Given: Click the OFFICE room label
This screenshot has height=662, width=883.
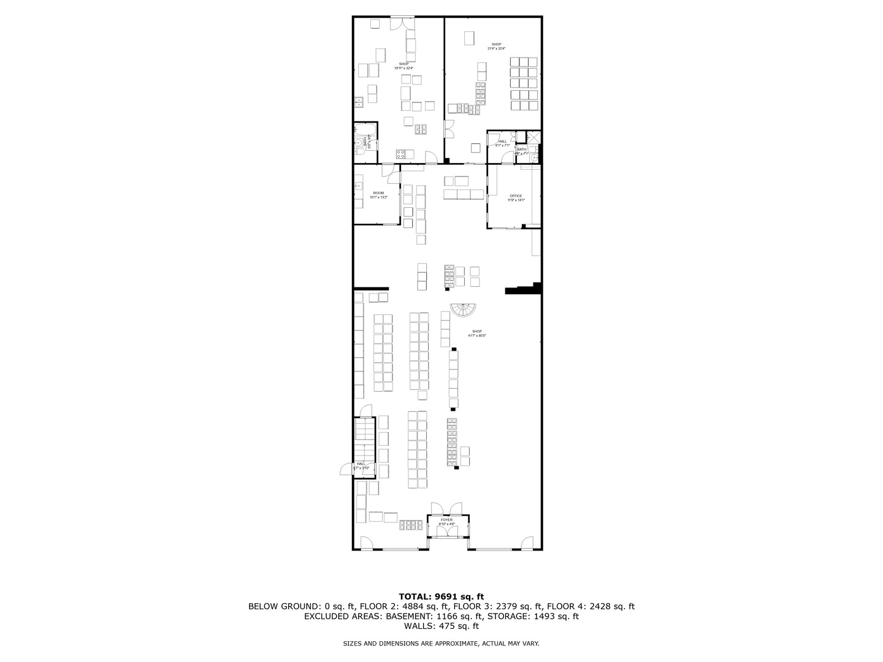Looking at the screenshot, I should pos(516,196).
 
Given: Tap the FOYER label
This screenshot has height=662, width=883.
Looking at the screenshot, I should pos(446,520).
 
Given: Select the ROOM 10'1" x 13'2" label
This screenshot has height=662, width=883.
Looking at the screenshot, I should pos(378,193).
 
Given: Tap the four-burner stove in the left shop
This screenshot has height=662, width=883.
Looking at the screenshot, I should pos(421,129).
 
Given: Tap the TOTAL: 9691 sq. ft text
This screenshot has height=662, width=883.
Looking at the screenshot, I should pos(442,596).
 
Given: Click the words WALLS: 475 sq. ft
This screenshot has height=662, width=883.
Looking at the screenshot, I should pos(442,626).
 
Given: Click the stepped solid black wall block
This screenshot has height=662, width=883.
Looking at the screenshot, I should pos(524,289).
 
